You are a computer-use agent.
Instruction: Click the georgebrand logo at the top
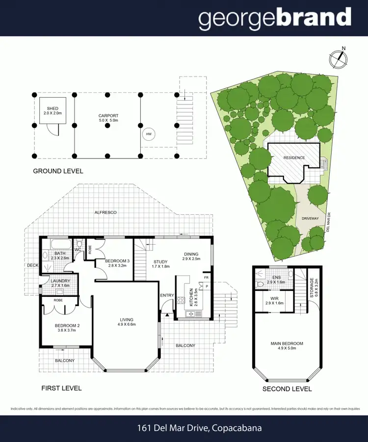[x=275, y=18]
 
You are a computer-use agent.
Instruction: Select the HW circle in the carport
[x=148, y=134]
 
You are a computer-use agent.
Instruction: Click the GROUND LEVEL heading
[x=58, y=171]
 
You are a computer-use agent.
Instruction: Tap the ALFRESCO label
[x=105, y=212]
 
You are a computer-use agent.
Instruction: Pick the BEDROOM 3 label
[x=116, y=263]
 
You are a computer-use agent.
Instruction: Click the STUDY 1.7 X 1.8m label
[x=161, y=264]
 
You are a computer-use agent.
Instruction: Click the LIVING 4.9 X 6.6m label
[x=127, y=321]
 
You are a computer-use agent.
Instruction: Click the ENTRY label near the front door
[x=167, y=295]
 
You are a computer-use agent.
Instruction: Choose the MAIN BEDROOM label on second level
[x=288, y=346]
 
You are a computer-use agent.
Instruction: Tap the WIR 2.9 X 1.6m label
[x=274, y=301]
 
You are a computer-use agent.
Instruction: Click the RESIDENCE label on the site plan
[x=294, y=157]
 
